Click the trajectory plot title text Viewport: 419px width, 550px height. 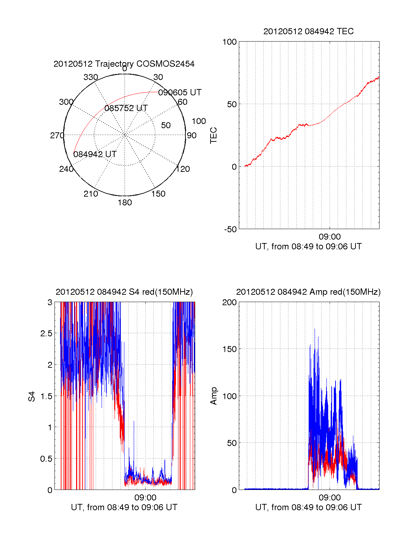point(124,64)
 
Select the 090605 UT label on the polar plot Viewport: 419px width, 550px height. point(180,93)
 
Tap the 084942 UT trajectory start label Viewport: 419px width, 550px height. point(95,154)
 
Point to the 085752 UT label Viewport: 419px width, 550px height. point(126,108)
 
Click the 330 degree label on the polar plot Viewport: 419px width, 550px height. point(91,77)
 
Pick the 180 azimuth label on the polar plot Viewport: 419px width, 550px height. point(125,203)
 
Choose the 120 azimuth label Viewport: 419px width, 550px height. point(183,169)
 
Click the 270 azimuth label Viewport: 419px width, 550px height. point(57,135)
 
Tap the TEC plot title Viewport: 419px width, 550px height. point(308,31)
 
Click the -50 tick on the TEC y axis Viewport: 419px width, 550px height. point(230,229)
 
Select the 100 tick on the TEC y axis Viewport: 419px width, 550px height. point(229,42)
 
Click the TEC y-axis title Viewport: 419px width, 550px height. point(214,135)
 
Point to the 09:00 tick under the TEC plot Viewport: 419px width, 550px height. point(330,237)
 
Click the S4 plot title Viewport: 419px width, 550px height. point(124,292)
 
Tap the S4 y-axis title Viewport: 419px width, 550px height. point(32,396)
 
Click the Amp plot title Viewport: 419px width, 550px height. point(308,292)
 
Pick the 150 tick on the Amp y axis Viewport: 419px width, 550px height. point(229,349)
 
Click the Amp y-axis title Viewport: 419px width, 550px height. point(214,396)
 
